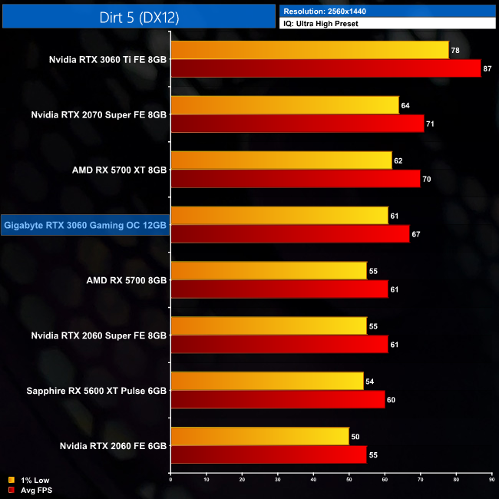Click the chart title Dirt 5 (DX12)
tap(139, 17)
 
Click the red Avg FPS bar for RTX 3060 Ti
tap(326, 68)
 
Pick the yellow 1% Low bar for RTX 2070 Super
tap(285, 105)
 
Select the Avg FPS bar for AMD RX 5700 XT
tap(296, 179)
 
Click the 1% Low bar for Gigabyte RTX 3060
tap(279, 216)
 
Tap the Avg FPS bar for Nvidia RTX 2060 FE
tap(269, 454)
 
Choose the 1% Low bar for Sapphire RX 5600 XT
tap(267, 381)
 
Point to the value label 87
tap(487, 69)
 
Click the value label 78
tap(455, 51)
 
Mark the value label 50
tap(355, 437)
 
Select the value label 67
tap(415, 234)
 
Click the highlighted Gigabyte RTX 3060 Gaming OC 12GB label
tap(84, 225)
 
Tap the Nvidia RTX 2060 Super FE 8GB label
tap(98, 335)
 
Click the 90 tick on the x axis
tap(491, 480)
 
